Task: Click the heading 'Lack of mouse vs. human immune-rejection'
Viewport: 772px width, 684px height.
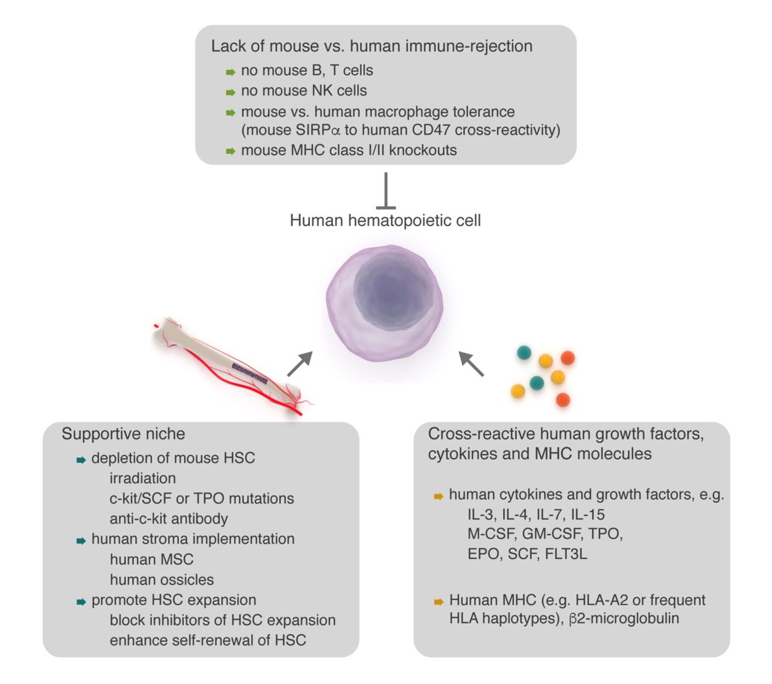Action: tap(372, 46)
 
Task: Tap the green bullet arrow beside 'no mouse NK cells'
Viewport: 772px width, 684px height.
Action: tap(230, 92)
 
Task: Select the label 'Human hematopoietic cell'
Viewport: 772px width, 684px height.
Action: tap(385, 220)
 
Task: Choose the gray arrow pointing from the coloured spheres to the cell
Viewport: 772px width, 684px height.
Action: tap(471, 364)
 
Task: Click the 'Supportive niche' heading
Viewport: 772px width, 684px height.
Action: tap(123, 434)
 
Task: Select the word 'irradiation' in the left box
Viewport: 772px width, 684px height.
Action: tap(143, 478)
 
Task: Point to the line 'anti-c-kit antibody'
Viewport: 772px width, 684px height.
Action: tap(169, 519)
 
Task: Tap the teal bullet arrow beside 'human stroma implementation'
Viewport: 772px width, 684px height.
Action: tap(81, 541)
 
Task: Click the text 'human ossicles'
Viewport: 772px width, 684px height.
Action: tap(162, 580)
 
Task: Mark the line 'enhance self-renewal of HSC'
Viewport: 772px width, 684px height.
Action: tap(207, 641)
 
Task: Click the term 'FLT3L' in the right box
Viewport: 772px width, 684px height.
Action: tap(566, 554)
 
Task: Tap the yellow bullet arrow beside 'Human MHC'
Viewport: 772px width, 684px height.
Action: tap(438, 602)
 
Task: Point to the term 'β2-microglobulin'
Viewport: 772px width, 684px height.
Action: tap(624, 619)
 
